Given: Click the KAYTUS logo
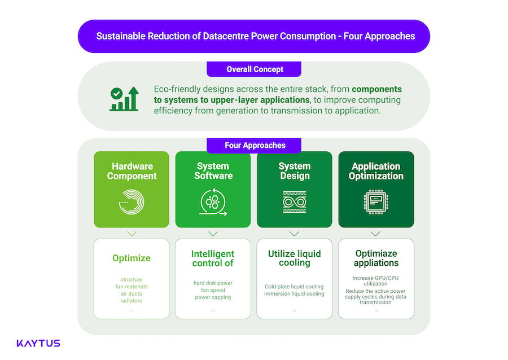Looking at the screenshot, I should click(38, 343).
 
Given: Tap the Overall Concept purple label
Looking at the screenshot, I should click(254, 69).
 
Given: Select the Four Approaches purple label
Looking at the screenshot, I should click(254, 145).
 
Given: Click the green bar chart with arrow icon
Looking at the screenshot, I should click(124, 99).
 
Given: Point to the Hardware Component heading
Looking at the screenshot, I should click(132, 171).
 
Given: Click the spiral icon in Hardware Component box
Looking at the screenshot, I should click(132, 202).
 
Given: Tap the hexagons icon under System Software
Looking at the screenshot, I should click(213, 202).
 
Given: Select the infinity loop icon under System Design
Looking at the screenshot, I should click(294, 202).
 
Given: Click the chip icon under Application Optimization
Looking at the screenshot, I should click(375, 202).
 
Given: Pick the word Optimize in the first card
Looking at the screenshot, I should click(132, 258).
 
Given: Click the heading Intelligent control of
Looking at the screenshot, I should click(213, 258).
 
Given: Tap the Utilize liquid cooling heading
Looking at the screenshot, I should click(294, 258).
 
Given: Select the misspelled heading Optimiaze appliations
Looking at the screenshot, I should click(376, 258).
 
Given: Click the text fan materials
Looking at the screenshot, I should click(132, 287).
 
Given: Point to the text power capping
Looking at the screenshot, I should click(213, 297).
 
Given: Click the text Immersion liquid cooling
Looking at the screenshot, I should click(294, 293).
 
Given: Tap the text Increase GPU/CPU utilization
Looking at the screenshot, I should click(376, 280).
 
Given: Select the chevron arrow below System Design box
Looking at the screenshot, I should click(294, 233).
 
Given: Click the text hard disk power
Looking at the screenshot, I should click(213, 283).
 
